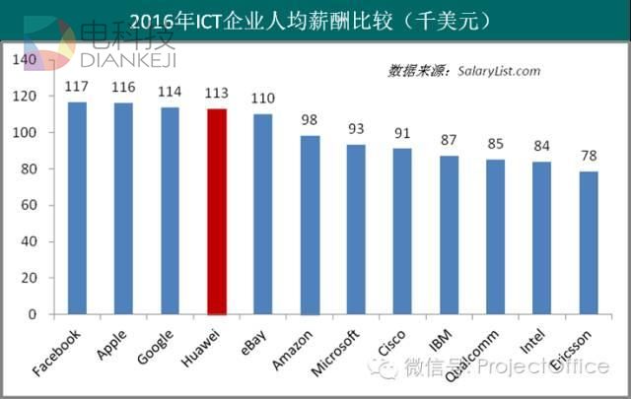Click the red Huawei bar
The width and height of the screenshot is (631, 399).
tap(217, 212)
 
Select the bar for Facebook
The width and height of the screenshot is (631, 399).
tap(77, 208)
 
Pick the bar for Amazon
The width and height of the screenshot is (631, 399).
tap(310, 226)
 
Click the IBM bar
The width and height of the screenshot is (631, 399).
tap(450, 235)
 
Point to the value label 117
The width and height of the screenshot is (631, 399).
tap(77, 87)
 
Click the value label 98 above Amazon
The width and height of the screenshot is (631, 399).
tap(310, 121)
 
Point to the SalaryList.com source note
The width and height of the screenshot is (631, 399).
tap(463, 71)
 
